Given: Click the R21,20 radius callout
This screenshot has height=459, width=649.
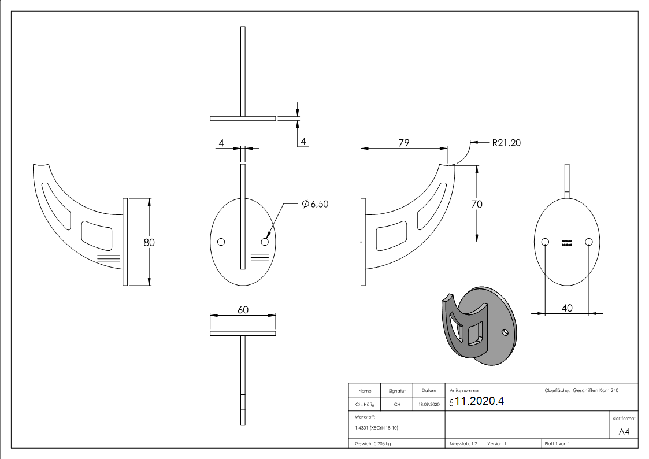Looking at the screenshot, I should pos(506,143).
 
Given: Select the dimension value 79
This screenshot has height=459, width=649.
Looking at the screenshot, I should pos(403,143).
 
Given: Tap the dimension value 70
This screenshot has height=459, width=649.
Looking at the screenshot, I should pos(477,204).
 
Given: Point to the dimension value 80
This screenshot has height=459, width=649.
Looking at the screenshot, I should pos(149,242).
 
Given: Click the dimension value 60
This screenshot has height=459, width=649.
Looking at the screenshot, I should pos(243,310).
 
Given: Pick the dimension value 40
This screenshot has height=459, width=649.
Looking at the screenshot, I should pos(567,308).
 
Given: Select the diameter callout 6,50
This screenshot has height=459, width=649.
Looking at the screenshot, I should pos(315,203).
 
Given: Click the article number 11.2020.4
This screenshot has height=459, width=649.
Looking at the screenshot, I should pos(479,401).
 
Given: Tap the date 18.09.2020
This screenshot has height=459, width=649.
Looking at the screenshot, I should pos(429,405).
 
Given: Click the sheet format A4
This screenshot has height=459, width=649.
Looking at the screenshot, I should pos(624,432).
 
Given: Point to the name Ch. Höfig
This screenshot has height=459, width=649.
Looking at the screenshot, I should pos(365,405).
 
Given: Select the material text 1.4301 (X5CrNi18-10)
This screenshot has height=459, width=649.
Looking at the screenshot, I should pos(377,428).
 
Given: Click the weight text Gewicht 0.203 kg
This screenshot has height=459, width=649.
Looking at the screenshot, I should pos(373,443).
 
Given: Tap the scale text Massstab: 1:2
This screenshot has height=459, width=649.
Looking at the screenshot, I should pos(463,443).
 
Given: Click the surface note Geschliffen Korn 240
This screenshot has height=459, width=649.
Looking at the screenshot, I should pos(595,391).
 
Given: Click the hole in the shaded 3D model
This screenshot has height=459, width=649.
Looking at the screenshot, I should pos(506,332).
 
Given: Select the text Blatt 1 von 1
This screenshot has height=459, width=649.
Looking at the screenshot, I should pos(557,443).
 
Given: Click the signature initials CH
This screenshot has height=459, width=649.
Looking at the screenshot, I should pos(397,405).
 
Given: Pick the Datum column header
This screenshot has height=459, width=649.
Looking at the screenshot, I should pos(429,391).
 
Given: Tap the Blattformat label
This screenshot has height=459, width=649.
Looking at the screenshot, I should pos(624,418).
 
